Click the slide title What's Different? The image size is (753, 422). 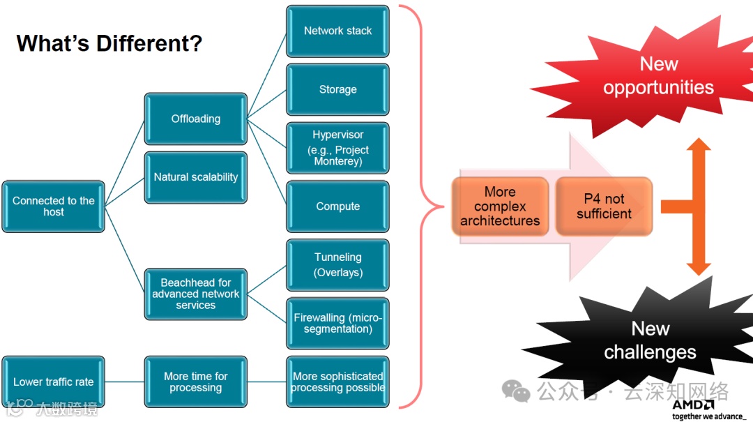pyautogui.click(x=109, y=43)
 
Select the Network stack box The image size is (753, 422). pyautogui.click(x=337, y=31)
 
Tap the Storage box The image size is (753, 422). pyautogui.click(x=337, y=90)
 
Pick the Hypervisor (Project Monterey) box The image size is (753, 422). pyautogui.click(x=337, y=148)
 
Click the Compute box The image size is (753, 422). pyautogui.click(x=337, y=206)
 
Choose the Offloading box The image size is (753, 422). pyautogui.click(x=195, y=119)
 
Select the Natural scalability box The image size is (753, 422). pyautogui.click(x=195, y=177)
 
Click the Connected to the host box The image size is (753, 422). pyautogui.click(x=53, y=206)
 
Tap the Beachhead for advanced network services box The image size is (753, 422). pyautogui.click(x=195, y=294)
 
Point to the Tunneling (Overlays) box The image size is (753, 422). pyautogui.click(x=337, y=265)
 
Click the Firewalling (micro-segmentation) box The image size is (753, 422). pyautogui.click(x=337, y=323)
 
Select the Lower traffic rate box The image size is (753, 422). pyautogui.click(x=53, y=382)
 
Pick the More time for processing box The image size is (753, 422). pyautogui.click(x=195, y=382)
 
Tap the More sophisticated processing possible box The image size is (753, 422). pyautogui.click(x=337, y=382)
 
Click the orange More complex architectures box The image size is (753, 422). pyautogui.click(x=500, y=206)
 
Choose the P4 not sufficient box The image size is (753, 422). pyautogui.click(x=604, y=206)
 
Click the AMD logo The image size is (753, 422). pyautogui.click(x=693, y=405)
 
